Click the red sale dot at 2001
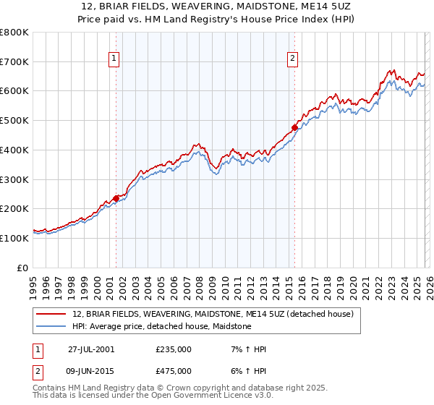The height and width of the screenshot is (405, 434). (116, 198)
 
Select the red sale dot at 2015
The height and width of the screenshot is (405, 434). (294, 128)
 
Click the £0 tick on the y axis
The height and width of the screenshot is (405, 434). (22, 268)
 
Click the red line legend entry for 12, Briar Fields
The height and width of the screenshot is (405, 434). (213, 314)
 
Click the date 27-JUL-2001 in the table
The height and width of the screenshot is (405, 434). (91, 349)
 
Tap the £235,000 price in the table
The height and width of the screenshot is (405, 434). (174, 349)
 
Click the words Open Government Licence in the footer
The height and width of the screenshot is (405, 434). (215, 396)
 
